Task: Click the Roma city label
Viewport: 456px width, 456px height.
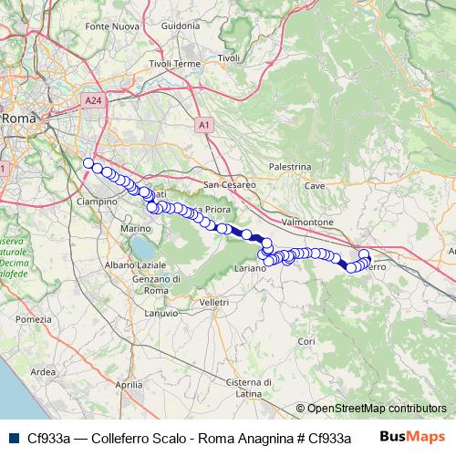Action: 17,119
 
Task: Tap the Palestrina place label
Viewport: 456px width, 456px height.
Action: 291,168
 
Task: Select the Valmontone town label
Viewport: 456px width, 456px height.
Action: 305,222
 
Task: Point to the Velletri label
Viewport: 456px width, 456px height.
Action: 213,301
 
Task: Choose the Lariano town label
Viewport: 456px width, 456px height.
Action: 250,270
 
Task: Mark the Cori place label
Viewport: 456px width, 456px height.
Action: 306,341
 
